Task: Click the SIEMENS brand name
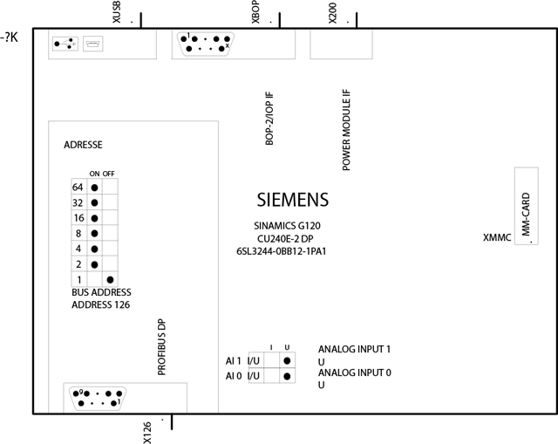click(x=293, y=199)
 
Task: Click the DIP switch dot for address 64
click(x=94, y=188)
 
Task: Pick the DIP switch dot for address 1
click(x=110, y=278)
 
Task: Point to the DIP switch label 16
click(x=78, y=218)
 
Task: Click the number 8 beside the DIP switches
click(x=78, y=233)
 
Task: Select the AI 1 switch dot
click(x=287, y=359)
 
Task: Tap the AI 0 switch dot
click(x=287, y=376)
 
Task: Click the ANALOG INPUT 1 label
click(x=354, y=348)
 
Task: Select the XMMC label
click(x=497, y=237)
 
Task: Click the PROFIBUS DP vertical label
click(x=161, y=346)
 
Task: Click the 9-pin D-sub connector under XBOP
click(x=202, y=44)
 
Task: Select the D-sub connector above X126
click(x=97, y=398)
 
